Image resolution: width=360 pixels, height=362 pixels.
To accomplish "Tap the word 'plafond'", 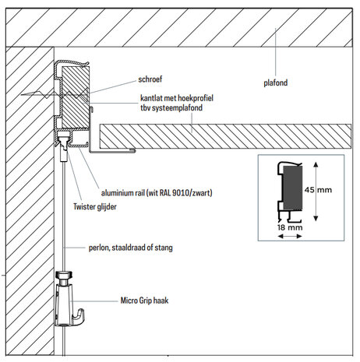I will [277, 81].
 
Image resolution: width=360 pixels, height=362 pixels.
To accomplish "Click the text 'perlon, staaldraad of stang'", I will [129, 248].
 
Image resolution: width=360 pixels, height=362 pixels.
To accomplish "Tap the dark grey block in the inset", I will [291, 186].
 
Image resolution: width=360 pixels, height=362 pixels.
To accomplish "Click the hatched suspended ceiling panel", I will [226, 136].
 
